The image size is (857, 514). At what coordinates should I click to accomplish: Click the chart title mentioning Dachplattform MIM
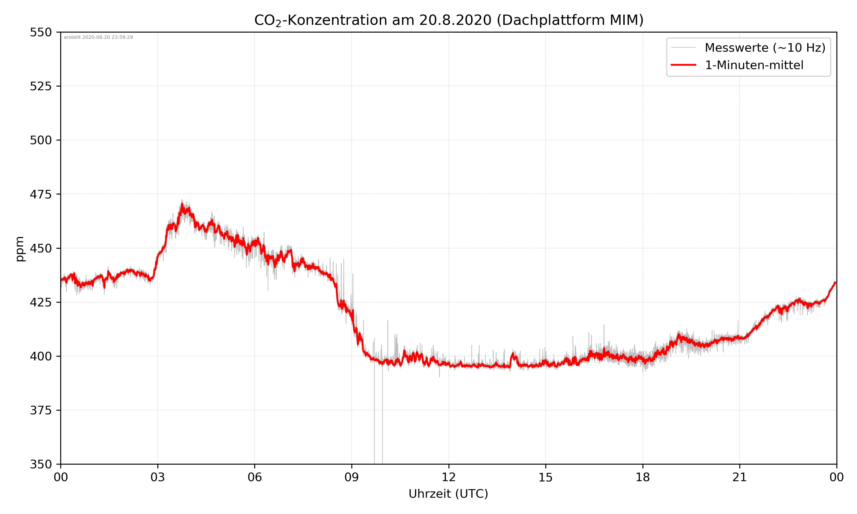coord(448,20)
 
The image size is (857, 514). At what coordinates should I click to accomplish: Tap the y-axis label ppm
coord(20,249)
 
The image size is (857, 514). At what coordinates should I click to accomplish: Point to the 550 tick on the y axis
coord(41,32)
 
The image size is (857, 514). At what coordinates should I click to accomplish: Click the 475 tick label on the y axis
coord(41,194)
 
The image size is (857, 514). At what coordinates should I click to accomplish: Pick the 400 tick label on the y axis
coord(41,356)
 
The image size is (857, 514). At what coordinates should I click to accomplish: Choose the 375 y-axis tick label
coord(41,410)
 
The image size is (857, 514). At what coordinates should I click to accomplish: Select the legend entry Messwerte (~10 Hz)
coord(765,48)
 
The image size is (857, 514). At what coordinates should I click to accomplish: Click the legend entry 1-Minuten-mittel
coord(754,65)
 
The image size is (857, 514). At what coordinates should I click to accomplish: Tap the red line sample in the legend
coord(683,65)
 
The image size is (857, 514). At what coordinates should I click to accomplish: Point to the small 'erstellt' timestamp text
coord(98,37)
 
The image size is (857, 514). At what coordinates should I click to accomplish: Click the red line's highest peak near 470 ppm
coord(182,205)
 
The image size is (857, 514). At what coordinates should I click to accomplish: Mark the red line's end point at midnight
coord(835,283)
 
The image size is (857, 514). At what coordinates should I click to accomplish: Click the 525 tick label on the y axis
coord(41,86)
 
